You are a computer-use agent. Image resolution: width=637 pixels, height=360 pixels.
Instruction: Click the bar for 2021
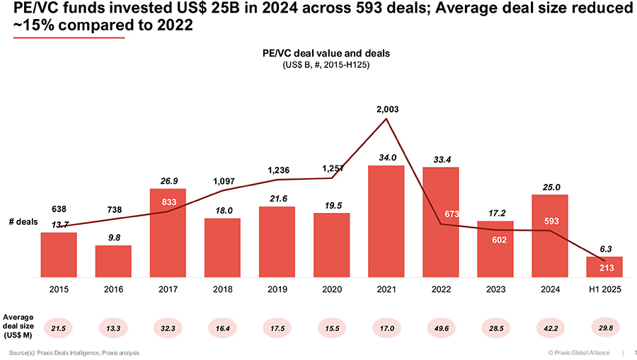(386, 221)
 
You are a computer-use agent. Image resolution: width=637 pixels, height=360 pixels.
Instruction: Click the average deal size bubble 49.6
(440, 327)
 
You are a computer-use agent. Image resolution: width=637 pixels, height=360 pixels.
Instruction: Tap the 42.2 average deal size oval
(549, 327)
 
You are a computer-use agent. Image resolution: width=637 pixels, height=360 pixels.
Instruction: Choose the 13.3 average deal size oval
(113, 327)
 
